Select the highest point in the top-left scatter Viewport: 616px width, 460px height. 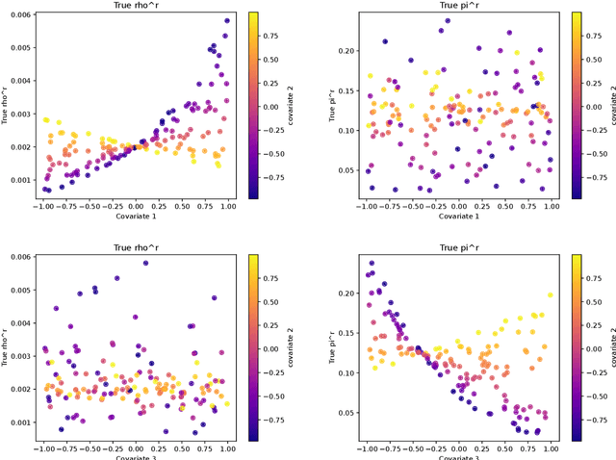click(x=228, y=20)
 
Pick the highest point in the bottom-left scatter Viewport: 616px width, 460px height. click(x=145, y=263)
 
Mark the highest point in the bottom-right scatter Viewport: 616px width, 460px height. click(x=372, y=263)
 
